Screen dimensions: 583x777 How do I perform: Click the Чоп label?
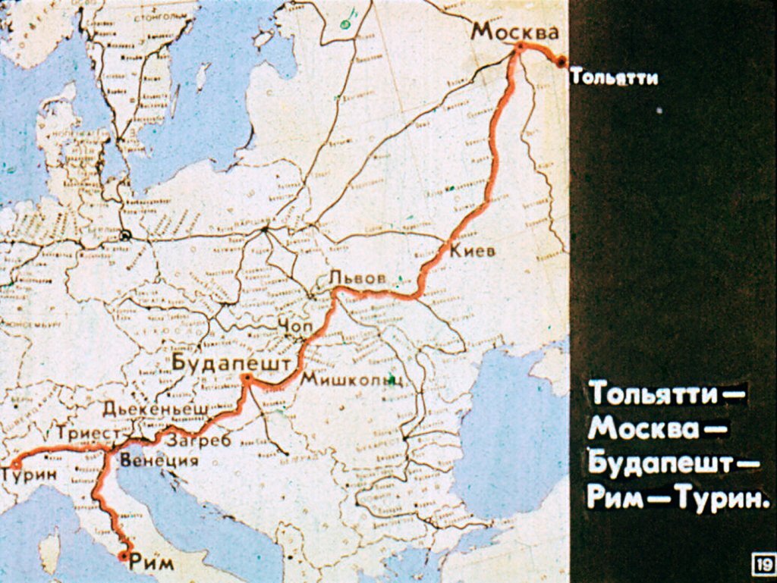295,325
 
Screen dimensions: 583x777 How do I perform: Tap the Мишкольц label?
351,380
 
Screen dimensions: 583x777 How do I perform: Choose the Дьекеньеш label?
156,409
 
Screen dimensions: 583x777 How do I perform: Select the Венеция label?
159,460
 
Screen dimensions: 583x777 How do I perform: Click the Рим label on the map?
152,563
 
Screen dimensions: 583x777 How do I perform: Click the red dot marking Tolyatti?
561,62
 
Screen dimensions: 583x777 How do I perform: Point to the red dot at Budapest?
246,377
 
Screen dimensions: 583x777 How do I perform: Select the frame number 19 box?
763,564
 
